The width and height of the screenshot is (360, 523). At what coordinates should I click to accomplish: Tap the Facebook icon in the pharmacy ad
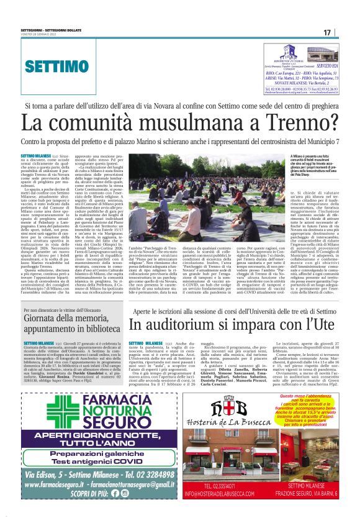pyautogui.click(x=115, y=493)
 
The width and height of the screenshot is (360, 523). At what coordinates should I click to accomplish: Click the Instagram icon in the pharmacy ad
pyautogui.click(x=124, y=493)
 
